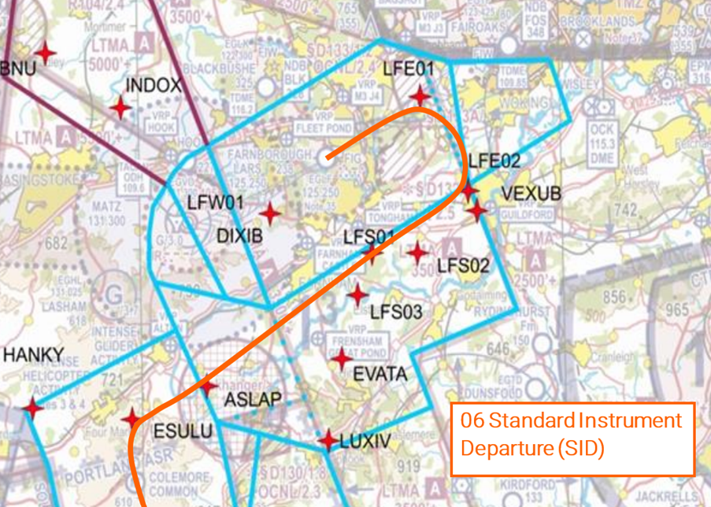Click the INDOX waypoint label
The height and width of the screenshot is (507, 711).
pos(154,85)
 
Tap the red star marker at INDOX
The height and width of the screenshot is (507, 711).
pos(120,106)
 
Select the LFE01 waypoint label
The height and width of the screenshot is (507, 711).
pos(409,69)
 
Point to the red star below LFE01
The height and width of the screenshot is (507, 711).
pos(420,96)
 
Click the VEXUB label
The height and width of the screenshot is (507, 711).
pos(531,194)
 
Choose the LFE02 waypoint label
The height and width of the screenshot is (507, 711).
pos(494,161)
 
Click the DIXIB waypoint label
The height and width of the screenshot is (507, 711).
pos(239,235)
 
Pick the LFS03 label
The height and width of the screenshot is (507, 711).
pos(396,313)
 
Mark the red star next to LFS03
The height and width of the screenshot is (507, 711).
pos(358,295)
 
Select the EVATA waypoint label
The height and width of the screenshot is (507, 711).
pos(380,373)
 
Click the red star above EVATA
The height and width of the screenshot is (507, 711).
pos(341,360)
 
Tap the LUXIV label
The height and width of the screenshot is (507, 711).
pos(365,442)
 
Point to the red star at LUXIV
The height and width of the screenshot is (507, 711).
pos(328,440)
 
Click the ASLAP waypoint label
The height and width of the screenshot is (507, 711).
pos(253,400)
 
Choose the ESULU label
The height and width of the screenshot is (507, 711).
pos(183,431)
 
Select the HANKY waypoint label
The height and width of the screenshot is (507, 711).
pos(33,356)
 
